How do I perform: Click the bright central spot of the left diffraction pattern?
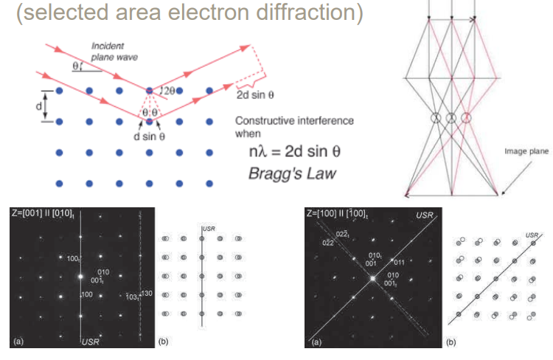click(80, 278)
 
